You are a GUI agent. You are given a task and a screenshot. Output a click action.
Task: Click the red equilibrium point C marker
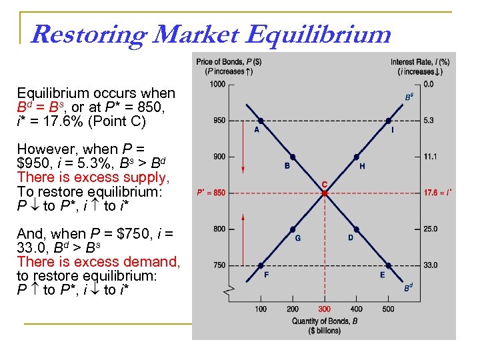(x=324, y=193)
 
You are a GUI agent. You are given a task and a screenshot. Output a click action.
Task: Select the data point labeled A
(x=261, y=121)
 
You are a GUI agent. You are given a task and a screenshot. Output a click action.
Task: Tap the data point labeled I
(x=388, y=121)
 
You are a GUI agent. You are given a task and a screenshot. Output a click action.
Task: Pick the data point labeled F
(x=261, y=265)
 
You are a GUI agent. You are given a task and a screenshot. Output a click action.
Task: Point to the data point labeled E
(x=388, y=265)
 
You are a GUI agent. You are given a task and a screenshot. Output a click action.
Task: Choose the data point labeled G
(x=293, y=229)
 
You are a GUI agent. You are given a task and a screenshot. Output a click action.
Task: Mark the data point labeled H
(x=357, y=157)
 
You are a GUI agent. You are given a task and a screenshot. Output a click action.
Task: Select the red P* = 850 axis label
(x=211, y=193)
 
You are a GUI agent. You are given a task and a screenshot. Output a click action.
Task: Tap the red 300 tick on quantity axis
(x=324, y=309)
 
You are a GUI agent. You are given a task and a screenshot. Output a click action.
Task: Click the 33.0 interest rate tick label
(x=431, y=265)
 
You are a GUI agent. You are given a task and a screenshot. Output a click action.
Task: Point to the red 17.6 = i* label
(x=437, y=193)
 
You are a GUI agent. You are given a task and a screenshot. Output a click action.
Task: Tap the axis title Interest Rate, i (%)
(x=420, y=62)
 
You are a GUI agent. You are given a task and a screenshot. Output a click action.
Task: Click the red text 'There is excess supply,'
(x=93, y=177)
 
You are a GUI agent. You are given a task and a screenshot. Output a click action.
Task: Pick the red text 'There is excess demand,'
(x=99, y=262)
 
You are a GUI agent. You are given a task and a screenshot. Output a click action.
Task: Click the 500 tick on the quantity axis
(x=388, y=309)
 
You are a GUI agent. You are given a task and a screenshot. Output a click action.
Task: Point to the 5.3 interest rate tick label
(x=429, y=121)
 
